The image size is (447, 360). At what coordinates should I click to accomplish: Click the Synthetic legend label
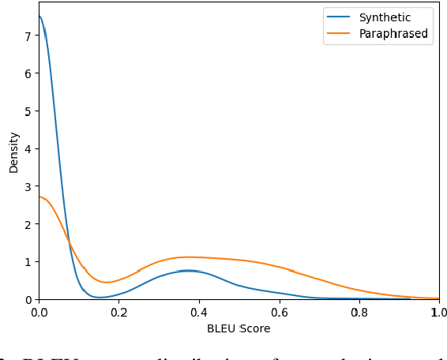coord(385,18)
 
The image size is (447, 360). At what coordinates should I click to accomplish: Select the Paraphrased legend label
coord(393,34)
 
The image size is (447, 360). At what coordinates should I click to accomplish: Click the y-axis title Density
coord(14,152)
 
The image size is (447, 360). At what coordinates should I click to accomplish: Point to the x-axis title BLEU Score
coord(239,328)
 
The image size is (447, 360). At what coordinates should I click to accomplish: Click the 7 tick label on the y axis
coord(28,36)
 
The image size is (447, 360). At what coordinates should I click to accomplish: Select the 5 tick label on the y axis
coord(28,111)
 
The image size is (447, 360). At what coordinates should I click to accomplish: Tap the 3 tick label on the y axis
coord(28,187)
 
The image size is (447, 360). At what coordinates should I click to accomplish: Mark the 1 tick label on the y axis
coord(28,262)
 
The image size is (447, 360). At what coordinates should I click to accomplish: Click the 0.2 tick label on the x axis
coord(118,312)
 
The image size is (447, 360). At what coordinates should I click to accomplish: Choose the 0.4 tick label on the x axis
coord(199,312)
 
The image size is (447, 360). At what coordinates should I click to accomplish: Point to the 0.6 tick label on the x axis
coord(279,312)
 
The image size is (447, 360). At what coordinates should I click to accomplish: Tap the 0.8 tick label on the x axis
coord(359,312)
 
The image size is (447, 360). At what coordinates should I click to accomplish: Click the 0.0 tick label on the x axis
coord(39,312)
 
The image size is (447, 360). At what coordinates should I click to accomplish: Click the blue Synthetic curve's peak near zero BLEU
coord(39,17)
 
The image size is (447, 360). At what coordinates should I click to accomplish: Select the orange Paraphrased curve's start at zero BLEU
coord(39,197)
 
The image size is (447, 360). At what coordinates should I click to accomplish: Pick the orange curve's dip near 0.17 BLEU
coord(106,282)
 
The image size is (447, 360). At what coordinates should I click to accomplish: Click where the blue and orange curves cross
coord(69,240)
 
